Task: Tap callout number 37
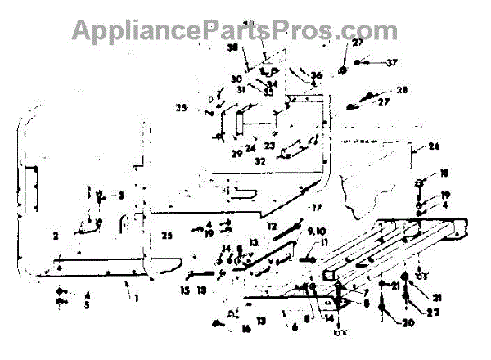(x=392, y=62)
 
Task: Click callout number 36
(x=317, y=75)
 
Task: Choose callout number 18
(x=444, y=173)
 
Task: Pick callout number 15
(x=185, y=290)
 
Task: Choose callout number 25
(x=167, y=236)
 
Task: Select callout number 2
(x=55, y=236)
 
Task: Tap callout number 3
(x=120, y=196)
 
